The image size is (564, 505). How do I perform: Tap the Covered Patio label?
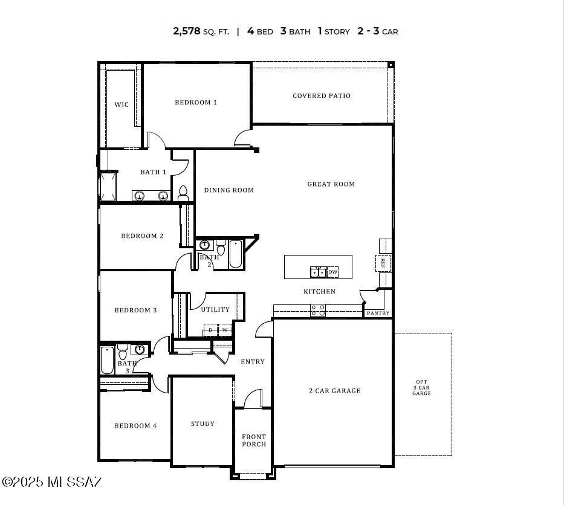point(321,95)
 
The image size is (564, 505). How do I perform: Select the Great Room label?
point(331,184)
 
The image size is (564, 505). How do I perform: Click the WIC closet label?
point(122,105)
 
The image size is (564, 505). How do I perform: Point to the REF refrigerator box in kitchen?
point(383,263)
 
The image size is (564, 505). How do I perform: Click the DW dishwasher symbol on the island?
point(332,272)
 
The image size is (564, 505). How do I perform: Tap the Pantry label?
point(378,313)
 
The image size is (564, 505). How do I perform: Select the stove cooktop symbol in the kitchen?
point(317,310)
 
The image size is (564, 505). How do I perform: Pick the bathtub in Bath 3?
point(108,361)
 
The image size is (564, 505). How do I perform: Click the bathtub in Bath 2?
point(235,254)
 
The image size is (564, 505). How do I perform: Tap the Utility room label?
point(215,309)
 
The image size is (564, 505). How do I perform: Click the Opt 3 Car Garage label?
point(421,388)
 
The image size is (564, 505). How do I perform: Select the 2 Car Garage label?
point(334,391)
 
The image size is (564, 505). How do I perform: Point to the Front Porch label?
point(254,440)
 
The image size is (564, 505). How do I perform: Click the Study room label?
point(203,423)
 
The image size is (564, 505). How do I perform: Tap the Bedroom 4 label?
point(135,425)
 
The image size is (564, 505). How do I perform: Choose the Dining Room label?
point(229,190)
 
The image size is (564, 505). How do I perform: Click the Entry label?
point(253,361)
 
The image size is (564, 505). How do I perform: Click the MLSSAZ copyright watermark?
point(52,481)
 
